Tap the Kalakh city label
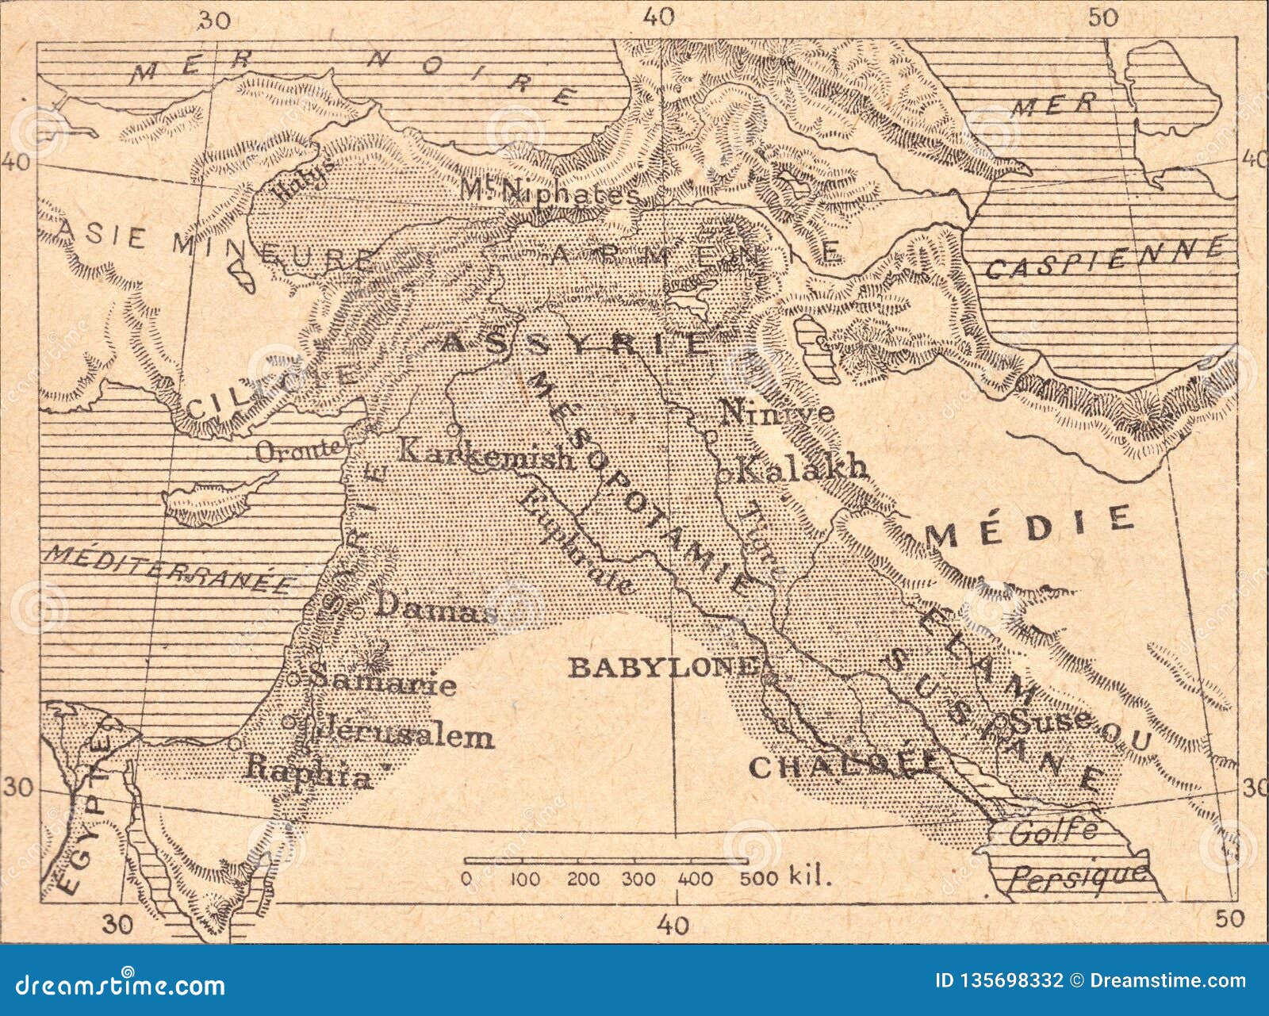801,470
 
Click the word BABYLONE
661,667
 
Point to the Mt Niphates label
549,191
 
